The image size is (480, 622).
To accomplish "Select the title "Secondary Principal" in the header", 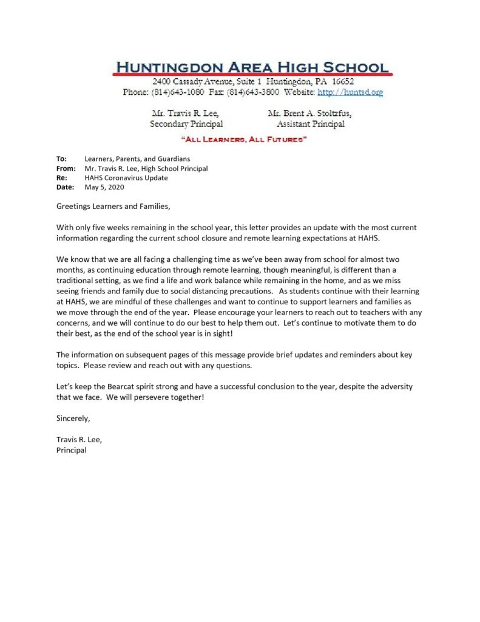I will click(186, 124).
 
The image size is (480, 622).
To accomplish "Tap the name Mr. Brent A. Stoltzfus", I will click(309, 113).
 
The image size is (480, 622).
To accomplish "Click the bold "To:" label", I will click(62, 159).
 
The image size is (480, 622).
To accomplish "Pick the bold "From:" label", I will click(66, 168).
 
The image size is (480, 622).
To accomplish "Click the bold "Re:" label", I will click(62, 178).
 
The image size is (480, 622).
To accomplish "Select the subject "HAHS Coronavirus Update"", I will click(126, 178).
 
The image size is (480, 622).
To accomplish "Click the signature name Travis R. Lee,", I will click(75, 440).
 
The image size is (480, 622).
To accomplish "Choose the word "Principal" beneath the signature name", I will click(72, 450).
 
